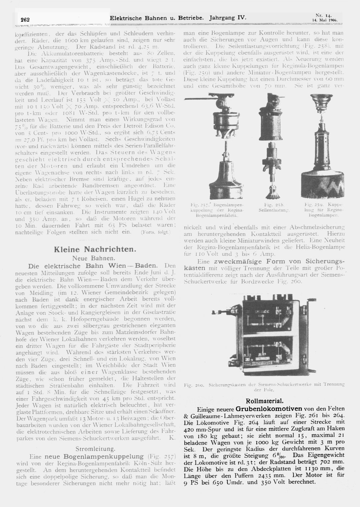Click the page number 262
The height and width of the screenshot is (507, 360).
(25, 19)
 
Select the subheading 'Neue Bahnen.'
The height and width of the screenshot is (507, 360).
(94, 258)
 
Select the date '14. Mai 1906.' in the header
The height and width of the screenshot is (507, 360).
(324, 20)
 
